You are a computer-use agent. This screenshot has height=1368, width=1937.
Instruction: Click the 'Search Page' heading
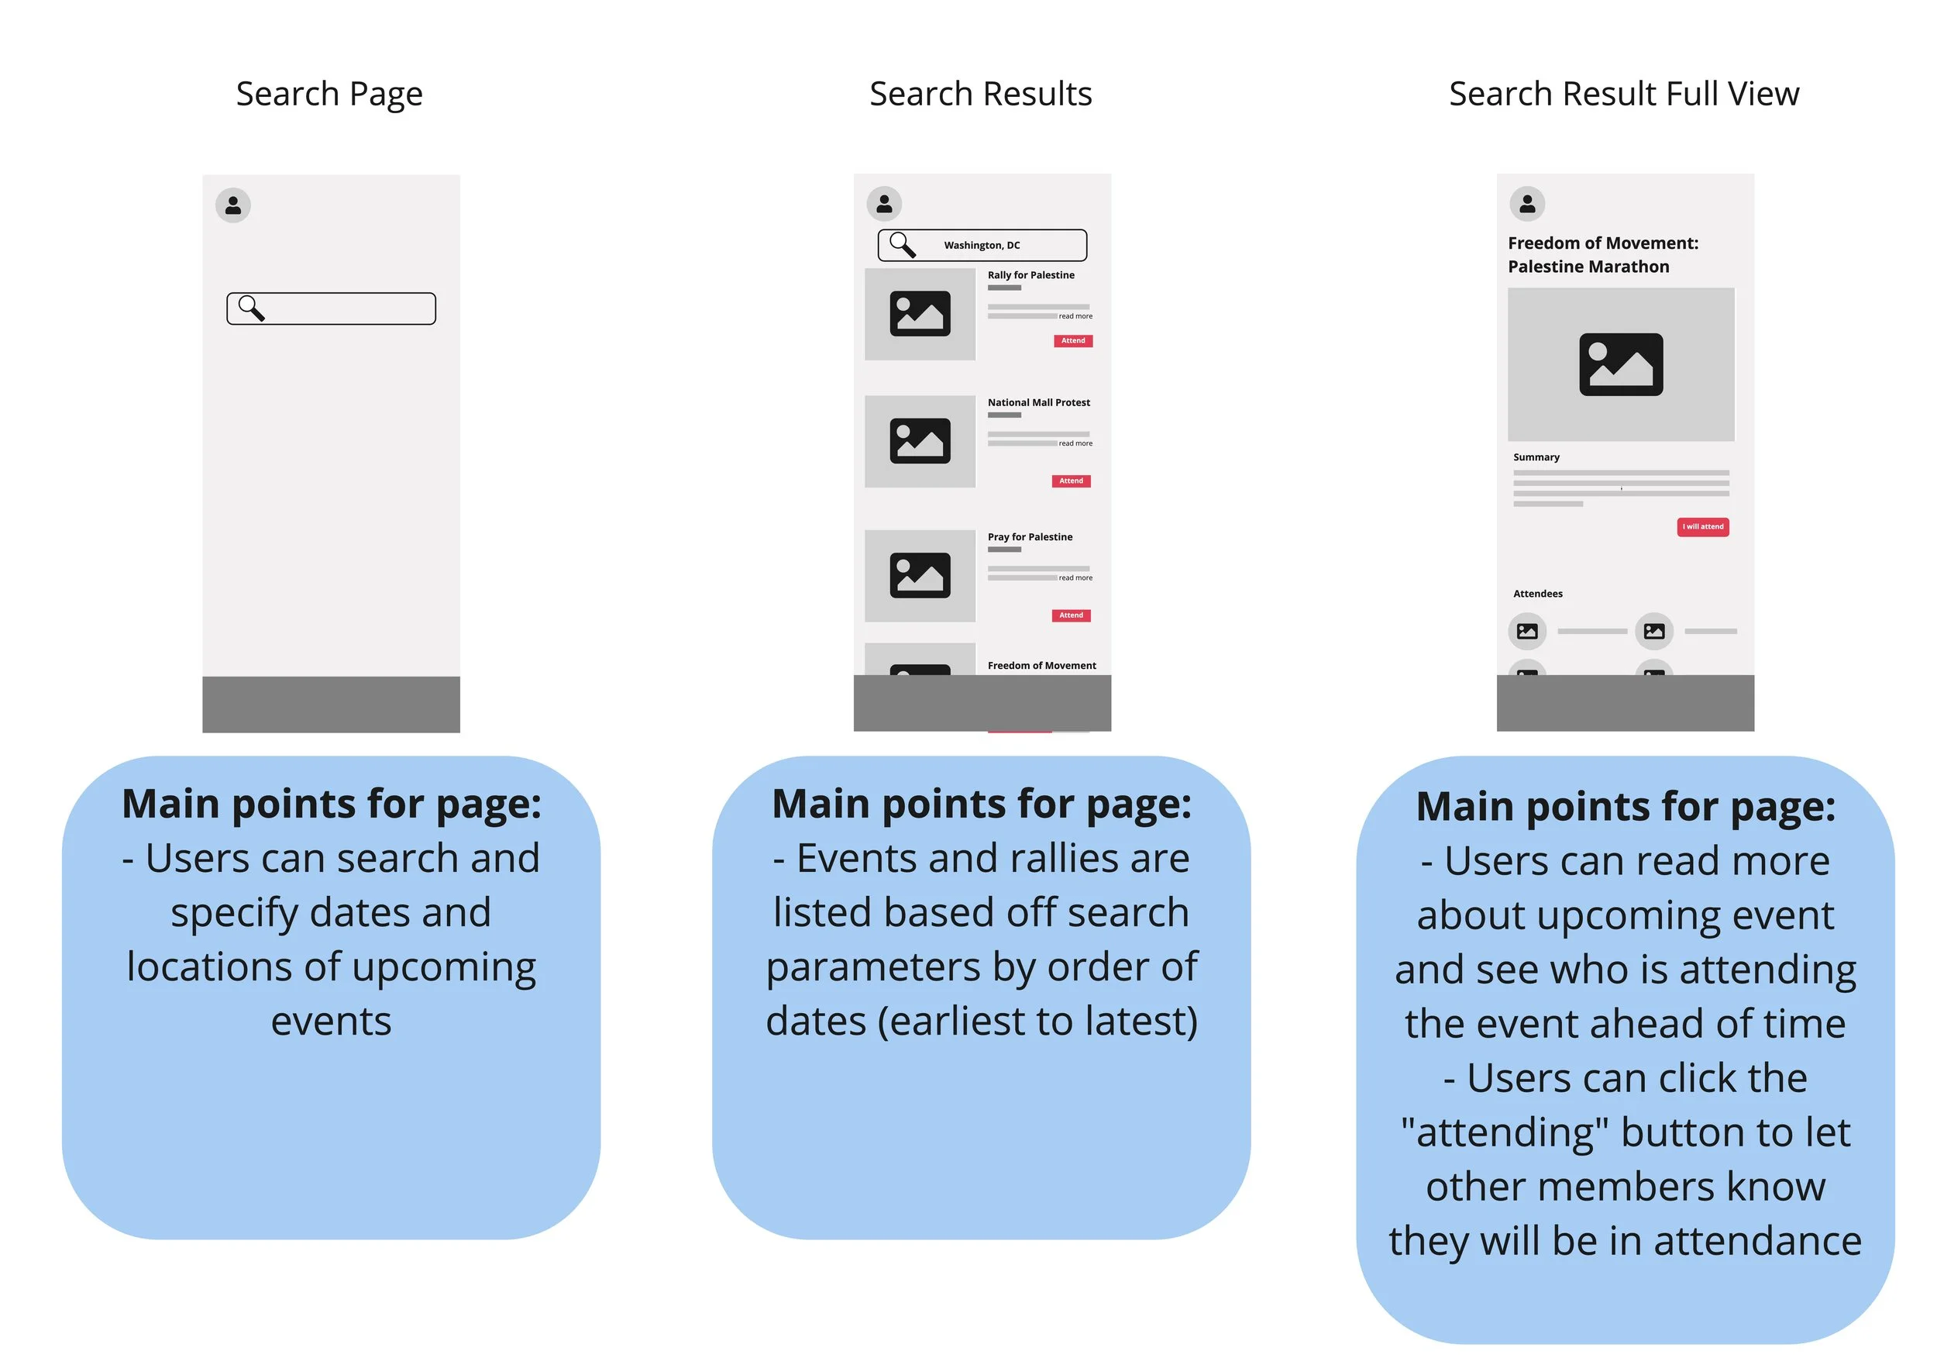pos(329,94)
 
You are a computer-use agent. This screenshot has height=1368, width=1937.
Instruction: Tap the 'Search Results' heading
pos(980,94)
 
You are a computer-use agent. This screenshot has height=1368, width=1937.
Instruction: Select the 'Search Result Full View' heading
pos(1623,94)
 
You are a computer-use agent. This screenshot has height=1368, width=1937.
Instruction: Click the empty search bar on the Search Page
pos(346,309)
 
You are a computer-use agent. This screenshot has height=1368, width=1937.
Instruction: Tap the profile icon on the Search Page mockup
pos(233,205)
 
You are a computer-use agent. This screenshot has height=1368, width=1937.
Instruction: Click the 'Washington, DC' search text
pos(981,246)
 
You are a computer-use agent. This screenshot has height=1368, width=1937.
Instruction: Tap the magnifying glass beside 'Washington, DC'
pos(902,245)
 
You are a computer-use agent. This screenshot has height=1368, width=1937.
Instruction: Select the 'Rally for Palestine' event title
pos(1031,275)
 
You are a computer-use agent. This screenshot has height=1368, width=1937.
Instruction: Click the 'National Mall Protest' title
pos(1038,402)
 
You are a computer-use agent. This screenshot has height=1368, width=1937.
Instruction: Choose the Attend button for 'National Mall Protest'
pos(1071,481)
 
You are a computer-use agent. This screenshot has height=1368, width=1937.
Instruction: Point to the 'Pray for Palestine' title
pos(1030,536)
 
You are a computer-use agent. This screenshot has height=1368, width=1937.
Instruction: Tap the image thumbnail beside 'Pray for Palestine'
pos(920,576)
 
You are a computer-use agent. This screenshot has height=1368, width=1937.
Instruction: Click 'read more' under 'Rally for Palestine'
pos(1075,316)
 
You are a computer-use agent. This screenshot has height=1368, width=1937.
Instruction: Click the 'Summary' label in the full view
pos(1536,457)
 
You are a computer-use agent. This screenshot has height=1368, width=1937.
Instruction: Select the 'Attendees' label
pos(1537,594)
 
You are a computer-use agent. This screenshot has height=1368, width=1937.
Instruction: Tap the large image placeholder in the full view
pos(1621,364)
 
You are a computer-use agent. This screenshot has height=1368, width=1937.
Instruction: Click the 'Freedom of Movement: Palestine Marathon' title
pos(1602,255)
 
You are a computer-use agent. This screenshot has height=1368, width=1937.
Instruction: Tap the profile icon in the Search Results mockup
pos(884,203)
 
